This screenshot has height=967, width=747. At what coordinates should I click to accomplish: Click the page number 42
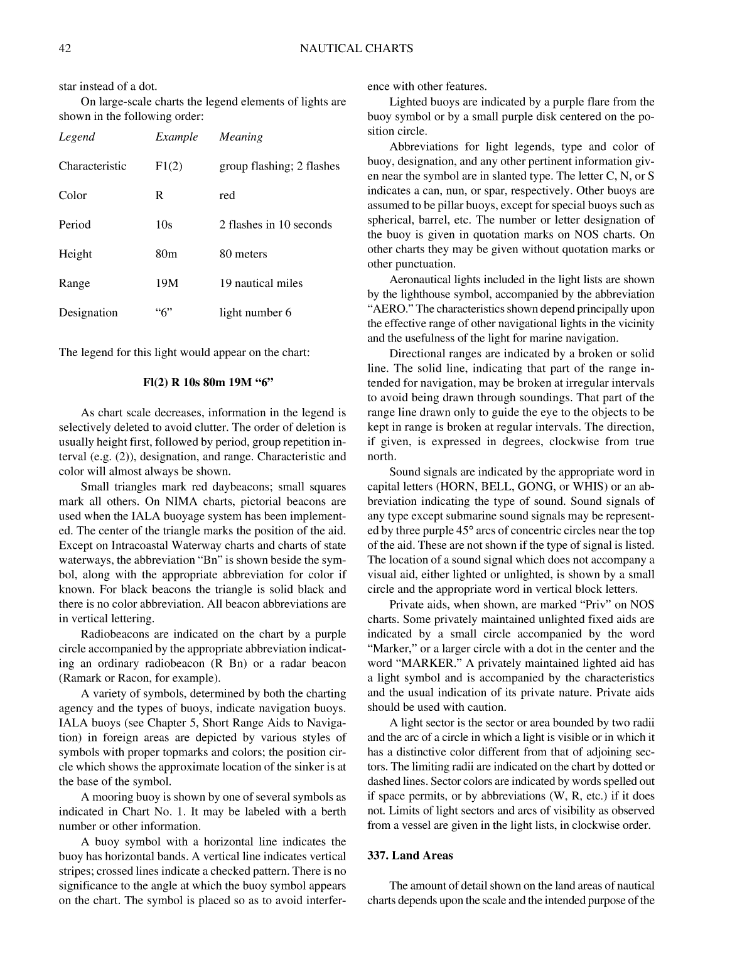point(65,48)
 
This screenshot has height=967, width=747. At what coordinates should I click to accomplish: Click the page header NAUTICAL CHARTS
point(357,48)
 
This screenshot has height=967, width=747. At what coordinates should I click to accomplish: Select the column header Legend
point(77,137)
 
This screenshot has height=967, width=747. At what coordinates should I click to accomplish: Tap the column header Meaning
point(241,137)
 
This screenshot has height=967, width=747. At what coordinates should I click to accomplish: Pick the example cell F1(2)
point(169,166)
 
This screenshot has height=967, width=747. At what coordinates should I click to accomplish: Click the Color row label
point(73,195)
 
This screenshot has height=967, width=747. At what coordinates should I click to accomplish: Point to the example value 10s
point(164,225)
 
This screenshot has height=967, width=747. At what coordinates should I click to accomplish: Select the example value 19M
point(167,283)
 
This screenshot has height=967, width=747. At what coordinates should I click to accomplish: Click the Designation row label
point(88,313)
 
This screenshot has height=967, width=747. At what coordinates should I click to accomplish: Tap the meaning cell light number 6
point(255,313)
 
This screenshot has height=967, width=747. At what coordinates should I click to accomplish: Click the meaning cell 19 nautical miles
point(261,283)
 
